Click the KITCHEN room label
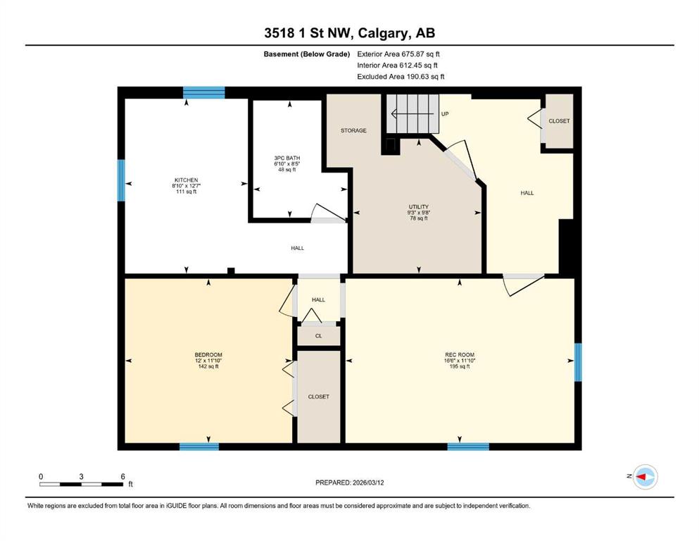point(186,180)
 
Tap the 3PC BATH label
point(287,158)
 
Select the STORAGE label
point(353,130)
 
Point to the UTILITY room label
point(419,207)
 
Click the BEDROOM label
point(208,355)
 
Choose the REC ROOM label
point(459,355)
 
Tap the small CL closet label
point(318,336)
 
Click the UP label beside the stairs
point(444,113)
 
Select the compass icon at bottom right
point(645,477)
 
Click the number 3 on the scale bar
point(81,476)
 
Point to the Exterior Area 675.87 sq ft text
point(398,54)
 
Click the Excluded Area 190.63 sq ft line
point(401,76)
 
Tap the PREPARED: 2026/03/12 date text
point(349,483)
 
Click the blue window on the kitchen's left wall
point(121,180)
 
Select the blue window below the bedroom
point(199,447)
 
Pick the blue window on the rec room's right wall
point(578,362)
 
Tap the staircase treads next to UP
point(413,113)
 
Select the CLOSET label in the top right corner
point(559,121)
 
